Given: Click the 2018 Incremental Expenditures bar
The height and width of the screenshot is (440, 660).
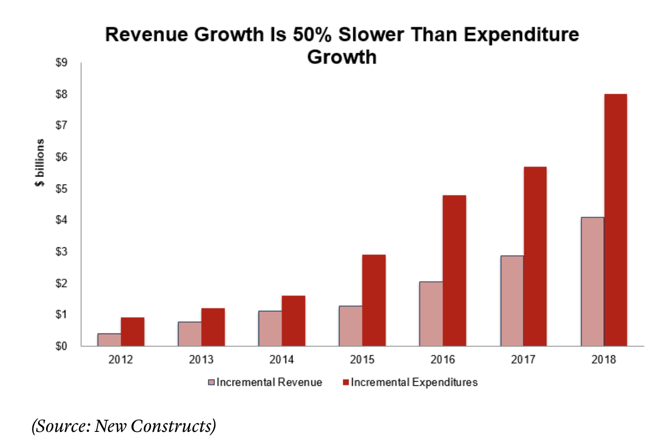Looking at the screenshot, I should [615, 220].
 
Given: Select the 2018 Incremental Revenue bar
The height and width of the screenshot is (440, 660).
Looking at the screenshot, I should [592, 282].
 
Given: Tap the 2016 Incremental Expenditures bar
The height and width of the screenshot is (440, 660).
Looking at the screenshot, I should [454, 271].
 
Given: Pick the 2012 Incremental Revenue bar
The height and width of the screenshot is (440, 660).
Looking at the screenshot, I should [109, 340].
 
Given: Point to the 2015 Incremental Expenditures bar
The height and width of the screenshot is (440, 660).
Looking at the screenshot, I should [374, 300].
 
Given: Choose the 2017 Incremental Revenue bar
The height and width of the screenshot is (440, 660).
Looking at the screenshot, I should [511, 301].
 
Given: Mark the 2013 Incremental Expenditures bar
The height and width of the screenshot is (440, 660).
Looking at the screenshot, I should [213, 327].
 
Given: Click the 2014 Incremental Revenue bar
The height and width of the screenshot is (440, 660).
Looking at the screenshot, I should [270, 328].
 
